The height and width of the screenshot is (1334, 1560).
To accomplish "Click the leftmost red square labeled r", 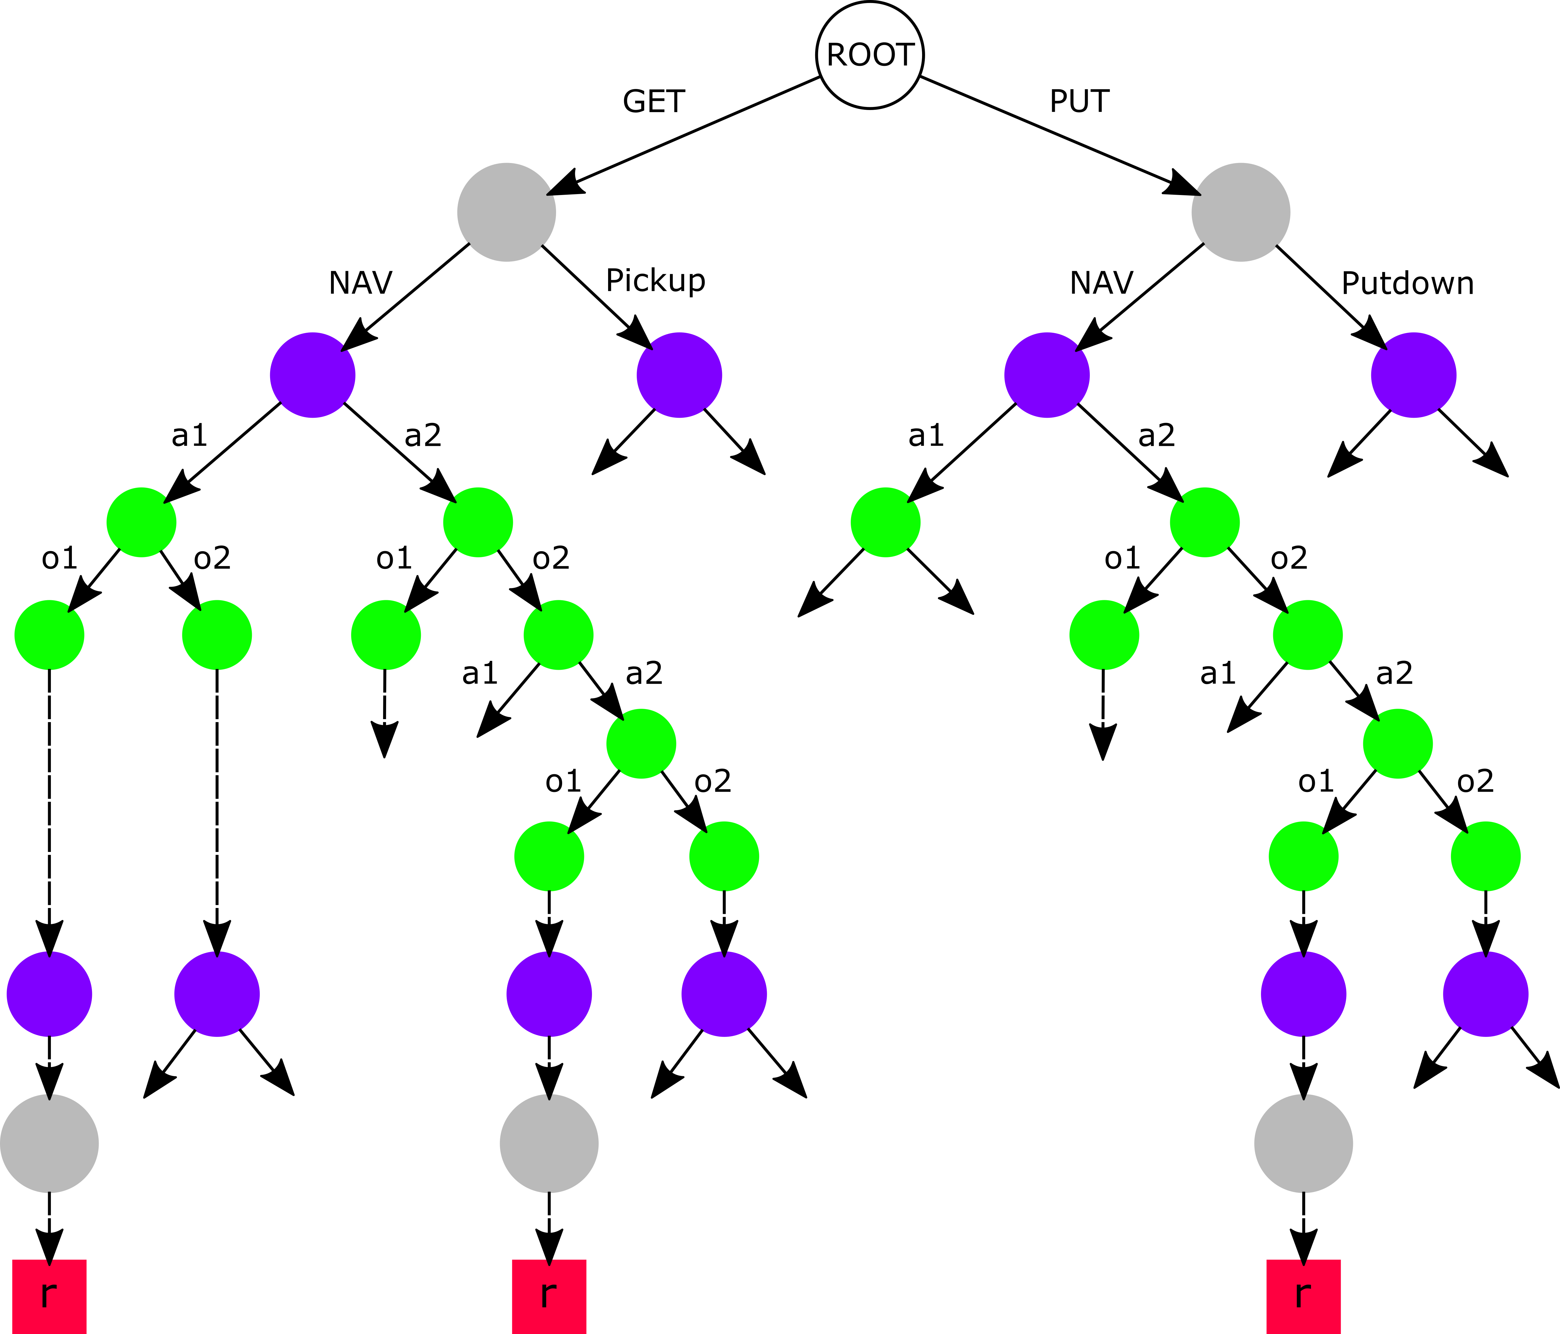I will pos(49,1296).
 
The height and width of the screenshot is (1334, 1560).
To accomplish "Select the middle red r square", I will pos(549,1296).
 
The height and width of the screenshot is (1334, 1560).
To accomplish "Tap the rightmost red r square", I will pos(1303,1296).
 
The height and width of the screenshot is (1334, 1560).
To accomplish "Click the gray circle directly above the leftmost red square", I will pos(49,1144).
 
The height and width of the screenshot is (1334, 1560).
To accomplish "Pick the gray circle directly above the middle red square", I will pos(549,1144).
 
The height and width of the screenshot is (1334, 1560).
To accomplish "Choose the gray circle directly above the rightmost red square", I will pos(1303,1144).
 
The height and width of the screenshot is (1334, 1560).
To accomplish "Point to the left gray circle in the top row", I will pos(507,212).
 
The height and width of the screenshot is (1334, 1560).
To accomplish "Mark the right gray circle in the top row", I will pos(1241,212).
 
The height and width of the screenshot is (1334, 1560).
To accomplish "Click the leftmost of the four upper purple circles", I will pos(312,375).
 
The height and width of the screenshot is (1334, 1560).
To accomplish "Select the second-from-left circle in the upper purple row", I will pos(679,375).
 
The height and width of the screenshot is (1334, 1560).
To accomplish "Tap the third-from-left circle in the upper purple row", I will pos(1047,375).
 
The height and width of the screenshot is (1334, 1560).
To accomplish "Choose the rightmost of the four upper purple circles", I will pos(1414,375).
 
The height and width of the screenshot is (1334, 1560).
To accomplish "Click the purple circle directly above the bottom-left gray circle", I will pos(49,994).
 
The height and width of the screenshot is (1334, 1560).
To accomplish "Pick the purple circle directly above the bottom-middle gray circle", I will pos(549,994).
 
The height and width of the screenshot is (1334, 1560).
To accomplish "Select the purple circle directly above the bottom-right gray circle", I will pos(1303,994).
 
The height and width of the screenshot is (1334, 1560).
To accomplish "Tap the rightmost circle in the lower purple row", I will pos(1485,994).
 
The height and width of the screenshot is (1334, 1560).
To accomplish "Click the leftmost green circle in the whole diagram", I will pos(49,635).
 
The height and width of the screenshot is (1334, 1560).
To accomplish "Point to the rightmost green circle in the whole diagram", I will pos(1485,857).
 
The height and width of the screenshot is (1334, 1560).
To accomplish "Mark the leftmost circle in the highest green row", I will pos(142,523).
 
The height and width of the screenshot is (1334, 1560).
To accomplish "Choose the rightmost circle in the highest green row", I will pos(1205,523).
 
